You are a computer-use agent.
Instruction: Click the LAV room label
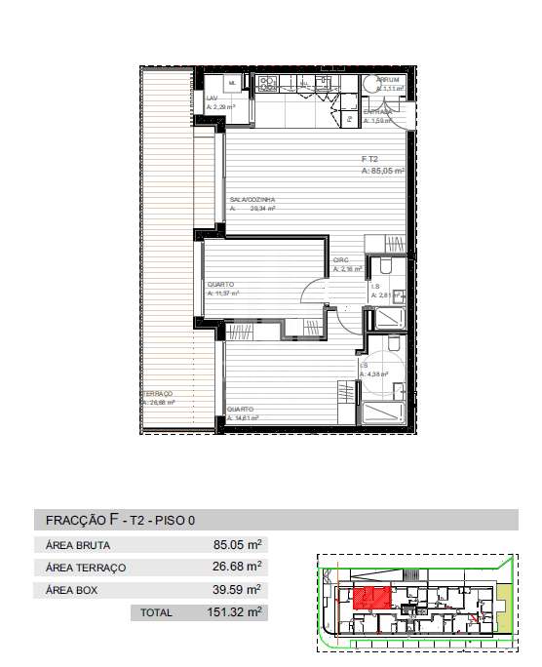pos(212,98)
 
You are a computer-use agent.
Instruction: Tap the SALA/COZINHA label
pos(252,199)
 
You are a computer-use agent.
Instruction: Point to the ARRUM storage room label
pos(388,79)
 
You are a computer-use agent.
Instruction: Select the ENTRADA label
pos(378,112)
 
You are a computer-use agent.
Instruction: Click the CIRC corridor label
pos(341,259)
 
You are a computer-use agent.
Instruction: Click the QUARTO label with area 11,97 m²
pos(220,284)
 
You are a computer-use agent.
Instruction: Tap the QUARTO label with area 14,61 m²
pos(240,409)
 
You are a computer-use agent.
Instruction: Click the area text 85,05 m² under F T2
pos(382,170)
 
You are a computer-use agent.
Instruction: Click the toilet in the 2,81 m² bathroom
pos(386,267)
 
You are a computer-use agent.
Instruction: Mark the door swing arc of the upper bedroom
pos(314,291)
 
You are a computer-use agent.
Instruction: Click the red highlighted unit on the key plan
pos(371,597)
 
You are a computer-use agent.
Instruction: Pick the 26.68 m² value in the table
pos(241,567)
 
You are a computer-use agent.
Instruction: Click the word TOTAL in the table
pos(156,613)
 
